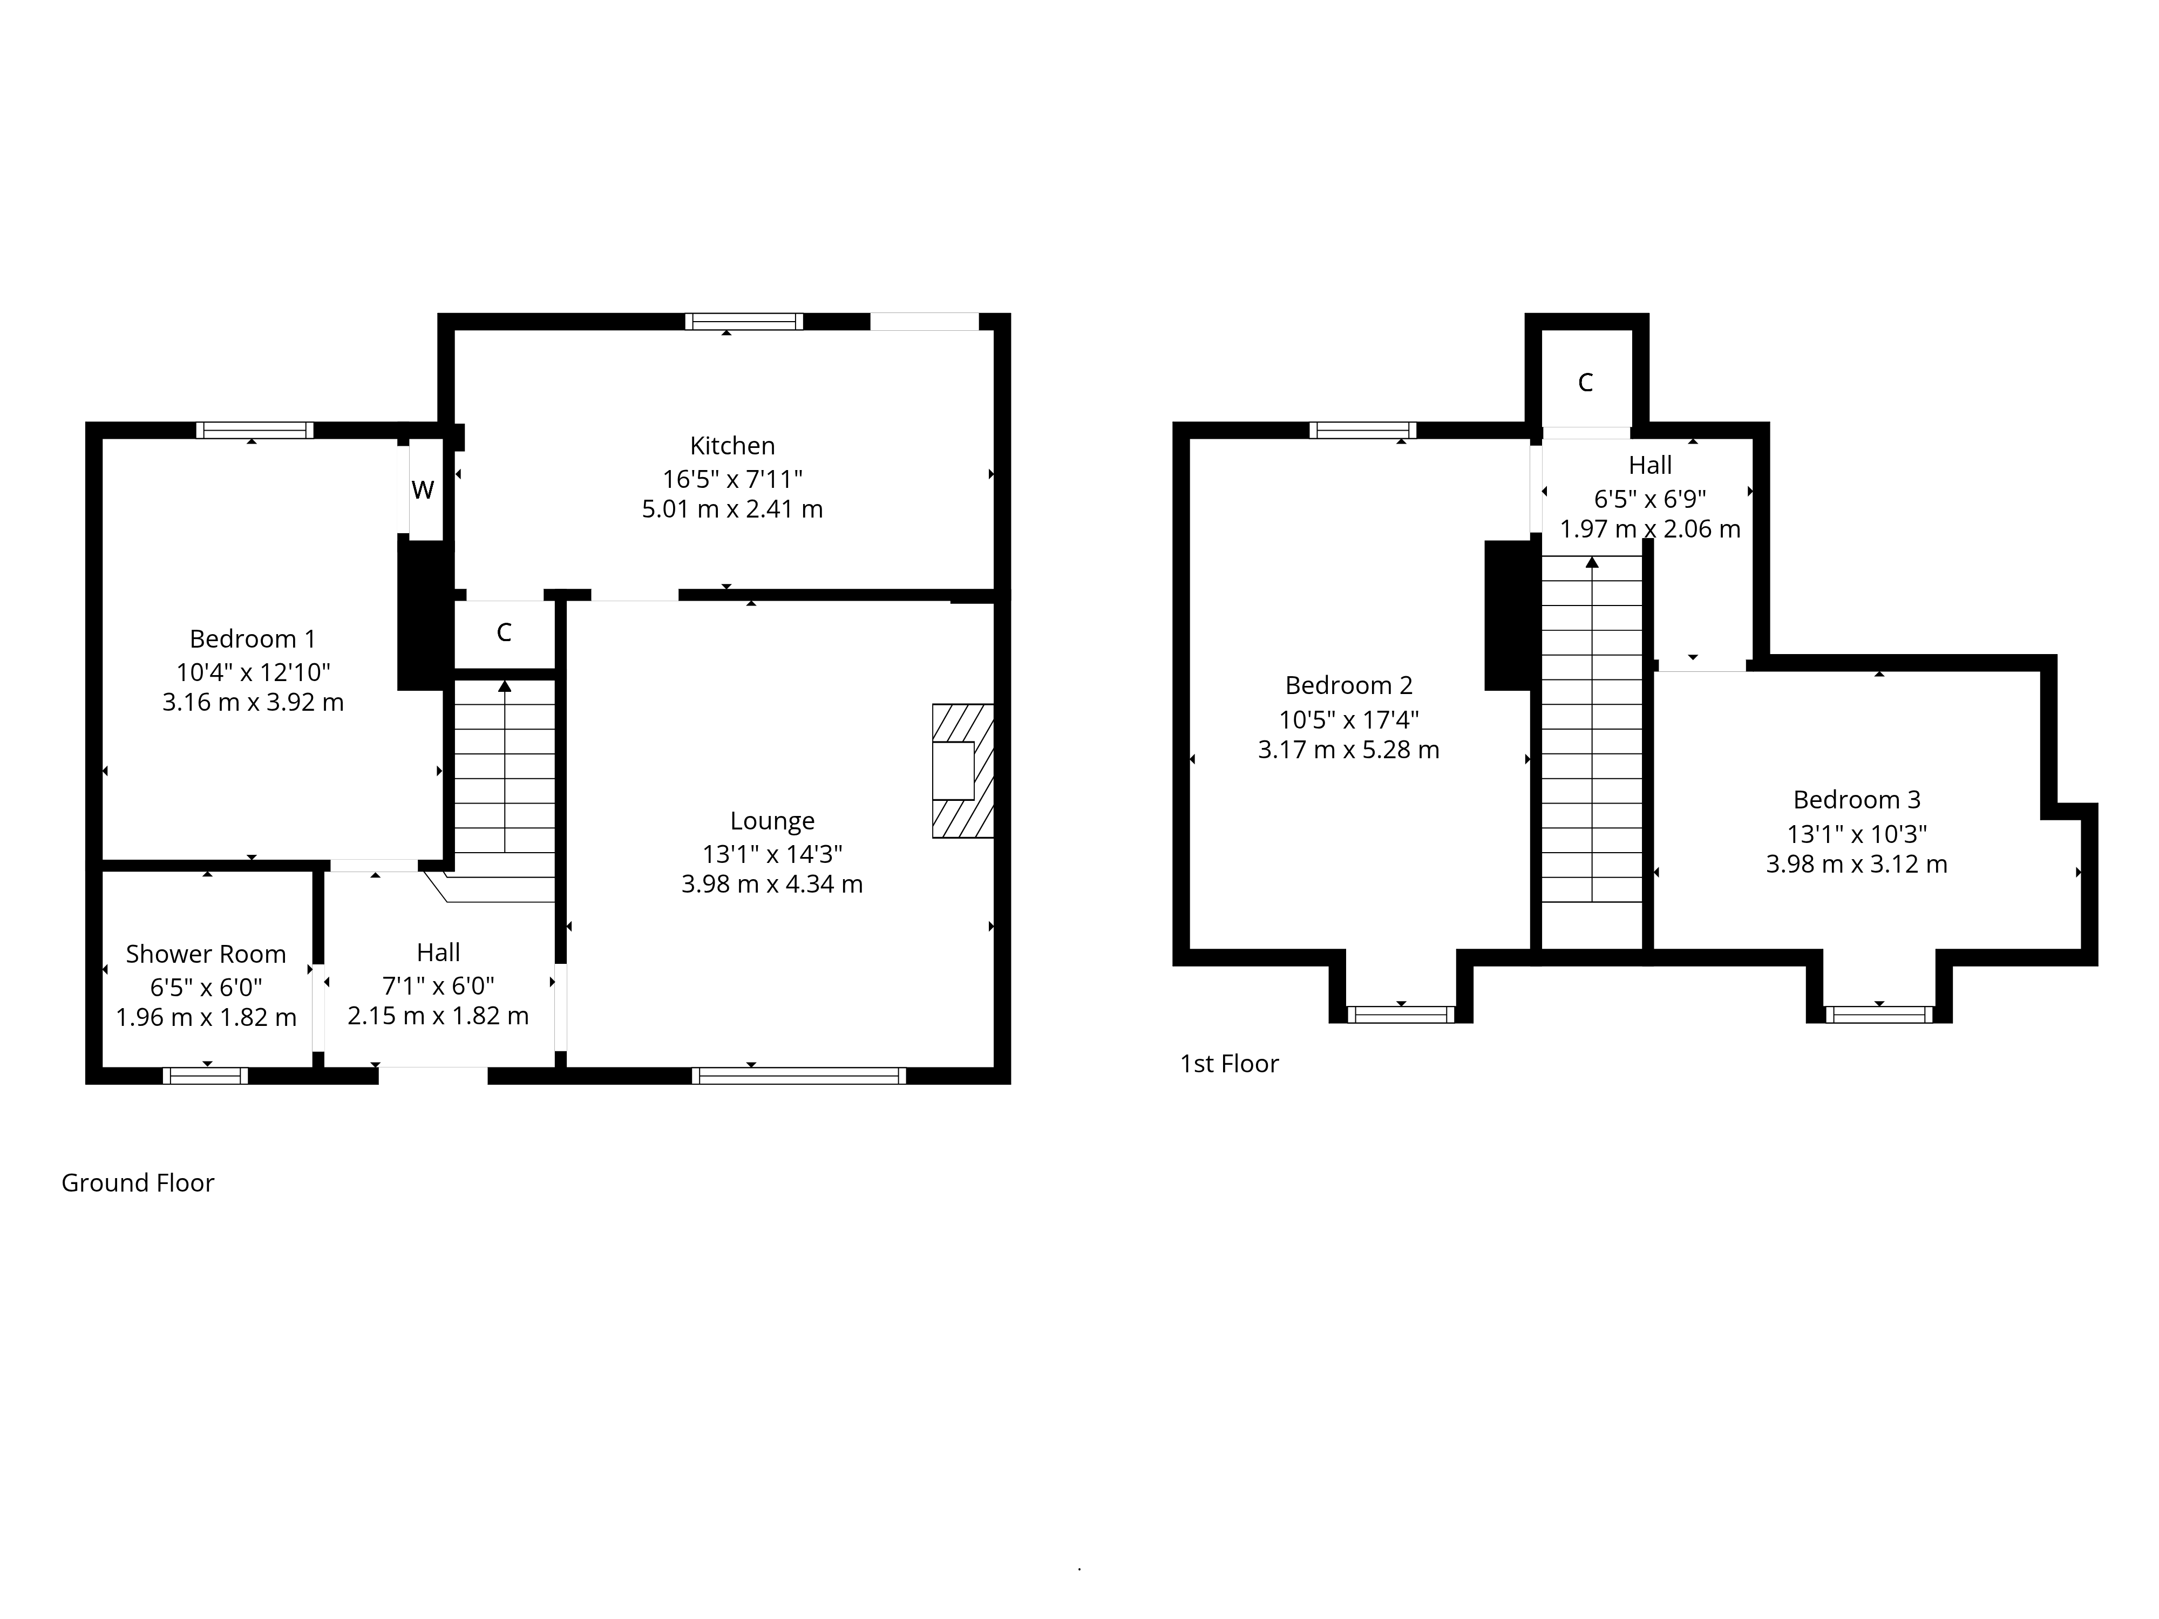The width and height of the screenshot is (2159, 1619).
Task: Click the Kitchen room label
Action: tap(732, 446)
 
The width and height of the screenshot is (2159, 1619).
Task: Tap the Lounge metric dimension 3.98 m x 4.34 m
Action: tap(772, 884)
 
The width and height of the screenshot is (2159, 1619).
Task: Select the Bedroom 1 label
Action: tap(253, 639)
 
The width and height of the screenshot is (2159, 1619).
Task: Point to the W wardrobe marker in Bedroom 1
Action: tap(423, 490)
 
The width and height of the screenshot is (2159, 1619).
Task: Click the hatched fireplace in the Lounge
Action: tap(962, 771)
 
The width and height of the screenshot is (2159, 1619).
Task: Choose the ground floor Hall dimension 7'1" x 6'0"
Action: tap(438, 985)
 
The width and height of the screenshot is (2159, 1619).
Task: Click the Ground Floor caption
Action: tap(138, 1183)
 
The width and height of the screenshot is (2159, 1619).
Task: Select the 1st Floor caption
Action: tap(1229, 1064)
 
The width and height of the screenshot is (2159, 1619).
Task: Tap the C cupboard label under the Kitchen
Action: tap(504, 632)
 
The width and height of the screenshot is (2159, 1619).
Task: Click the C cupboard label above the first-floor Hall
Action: tap(1585, 383)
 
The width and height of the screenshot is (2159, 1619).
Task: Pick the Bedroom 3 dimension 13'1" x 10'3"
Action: tap(1856, 834)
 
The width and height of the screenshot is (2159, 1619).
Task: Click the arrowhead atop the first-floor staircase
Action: tap(1592, 562)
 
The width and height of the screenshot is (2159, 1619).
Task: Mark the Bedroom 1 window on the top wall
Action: tap(255, 430)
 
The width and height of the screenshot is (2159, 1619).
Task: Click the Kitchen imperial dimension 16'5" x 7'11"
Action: tap(732, 479)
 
